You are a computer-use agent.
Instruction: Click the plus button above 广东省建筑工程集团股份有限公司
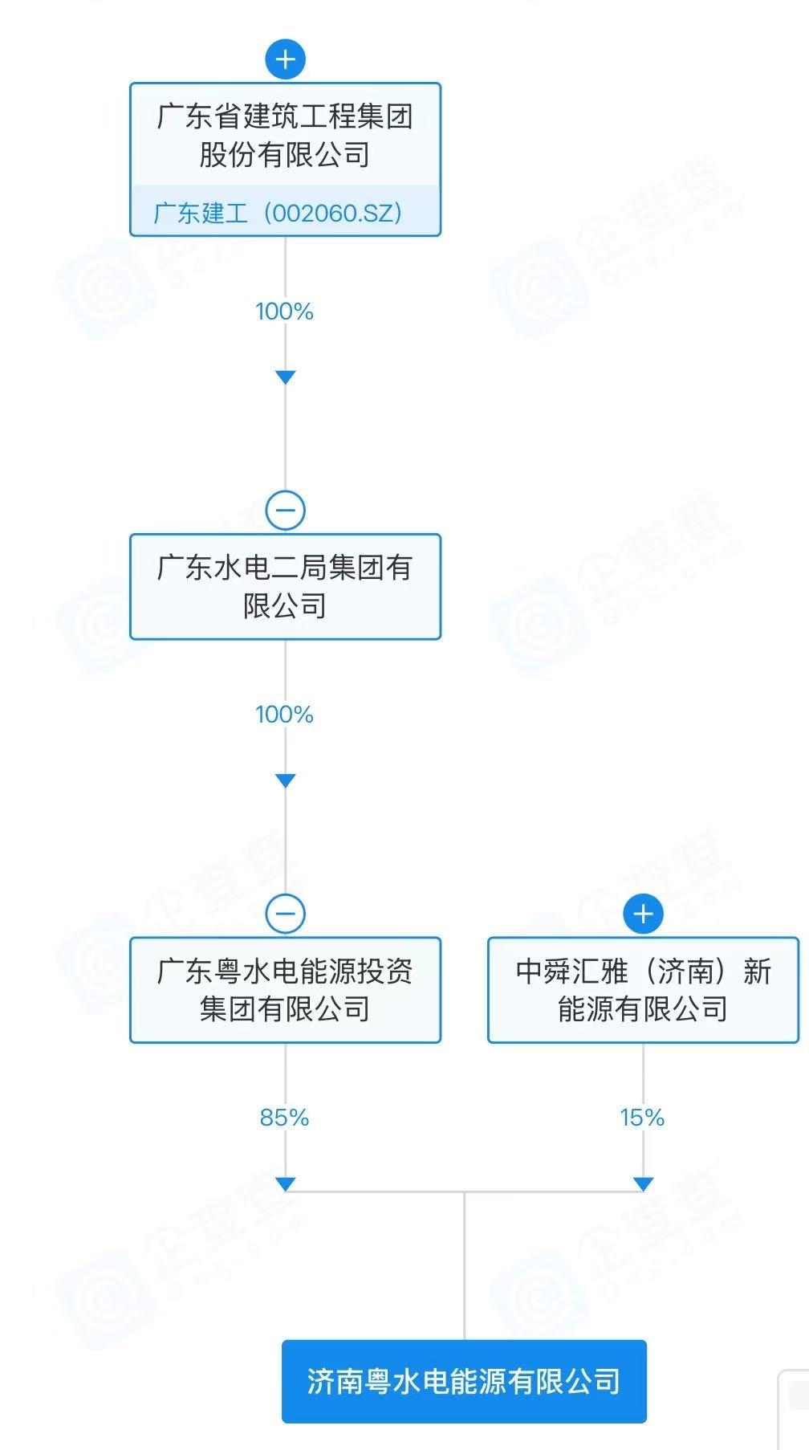coord(285,59)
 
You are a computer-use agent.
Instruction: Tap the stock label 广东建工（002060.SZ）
coord(277,213)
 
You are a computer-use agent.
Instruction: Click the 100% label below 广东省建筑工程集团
coord(284,312)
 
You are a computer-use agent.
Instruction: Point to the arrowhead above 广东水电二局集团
coord(285,377)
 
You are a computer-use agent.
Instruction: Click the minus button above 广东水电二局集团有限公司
coord(285,511)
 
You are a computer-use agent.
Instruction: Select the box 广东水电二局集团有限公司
coord(285,587)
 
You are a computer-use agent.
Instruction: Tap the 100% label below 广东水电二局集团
coord(284,715)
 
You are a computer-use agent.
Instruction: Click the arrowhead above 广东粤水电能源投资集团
coord(285,780)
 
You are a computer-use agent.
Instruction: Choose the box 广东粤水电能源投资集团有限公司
coord(285,990)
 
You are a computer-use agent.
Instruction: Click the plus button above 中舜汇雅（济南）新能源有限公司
coord(643,914)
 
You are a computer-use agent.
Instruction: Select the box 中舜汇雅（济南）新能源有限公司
coord(643,990)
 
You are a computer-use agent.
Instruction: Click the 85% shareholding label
coord(284,1118)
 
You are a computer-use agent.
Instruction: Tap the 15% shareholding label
coord(642,1118)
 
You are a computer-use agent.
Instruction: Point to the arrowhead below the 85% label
coord(285,1183)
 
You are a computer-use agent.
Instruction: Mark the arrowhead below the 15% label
coord(643,1183)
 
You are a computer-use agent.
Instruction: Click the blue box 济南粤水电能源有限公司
coord(464,1381)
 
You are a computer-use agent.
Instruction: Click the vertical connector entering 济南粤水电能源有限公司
coord(464,1269)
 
